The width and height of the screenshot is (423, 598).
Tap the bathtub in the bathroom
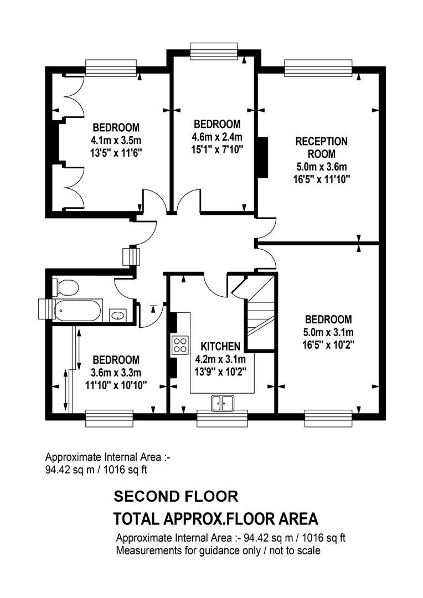77,310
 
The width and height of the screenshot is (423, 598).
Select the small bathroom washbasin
117,316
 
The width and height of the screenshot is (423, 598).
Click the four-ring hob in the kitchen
180,345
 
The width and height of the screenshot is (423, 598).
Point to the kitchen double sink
223,404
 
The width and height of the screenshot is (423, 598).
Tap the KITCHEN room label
220,347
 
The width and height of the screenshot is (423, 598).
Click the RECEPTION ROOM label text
321,147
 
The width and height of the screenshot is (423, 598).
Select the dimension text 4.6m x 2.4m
217,137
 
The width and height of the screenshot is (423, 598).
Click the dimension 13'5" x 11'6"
116,152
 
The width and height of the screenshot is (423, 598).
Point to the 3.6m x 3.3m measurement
116,372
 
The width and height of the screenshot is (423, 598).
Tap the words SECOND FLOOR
176,496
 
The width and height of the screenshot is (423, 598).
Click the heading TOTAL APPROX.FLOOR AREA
215,519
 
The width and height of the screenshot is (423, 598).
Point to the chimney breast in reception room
262,157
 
